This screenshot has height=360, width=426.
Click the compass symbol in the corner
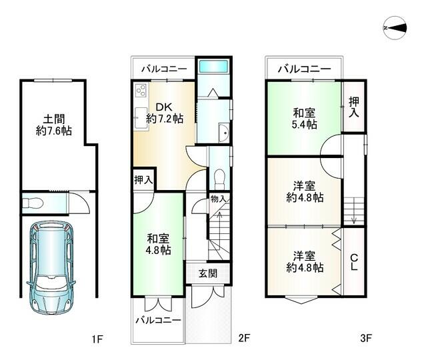tap(395, 28)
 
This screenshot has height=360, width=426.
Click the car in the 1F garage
tap(51, 267)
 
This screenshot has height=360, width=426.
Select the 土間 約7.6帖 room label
tap(54, 125)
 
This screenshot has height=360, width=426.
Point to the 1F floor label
tap(97, 339)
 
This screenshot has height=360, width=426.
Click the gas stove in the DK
tap(141, 90)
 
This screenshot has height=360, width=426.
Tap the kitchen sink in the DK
tap(141, 118)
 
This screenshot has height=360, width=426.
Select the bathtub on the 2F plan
tap(213, 67)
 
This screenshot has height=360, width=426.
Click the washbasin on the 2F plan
tap(225, 133)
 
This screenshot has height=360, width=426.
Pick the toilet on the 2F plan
tap(219, 179)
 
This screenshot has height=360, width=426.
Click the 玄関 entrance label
tap(208, 273)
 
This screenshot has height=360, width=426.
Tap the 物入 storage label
tap(219, 199)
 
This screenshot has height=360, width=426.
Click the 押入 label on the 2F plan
tap(143, 179)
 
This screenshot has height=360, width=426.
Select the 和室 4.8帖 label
tap(159, 244)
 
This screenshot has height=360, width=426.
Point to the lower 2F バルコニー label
tap(158, 320)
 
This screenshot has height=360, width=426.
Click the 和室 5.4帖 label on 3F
tap(304, 119)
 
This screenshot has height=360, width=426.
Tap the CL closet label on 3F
tap(354, 262)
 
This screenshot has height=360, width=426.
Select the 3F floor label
tap(366, 338)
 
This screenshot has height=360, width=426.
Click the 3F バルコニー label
tap(304, 69)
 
